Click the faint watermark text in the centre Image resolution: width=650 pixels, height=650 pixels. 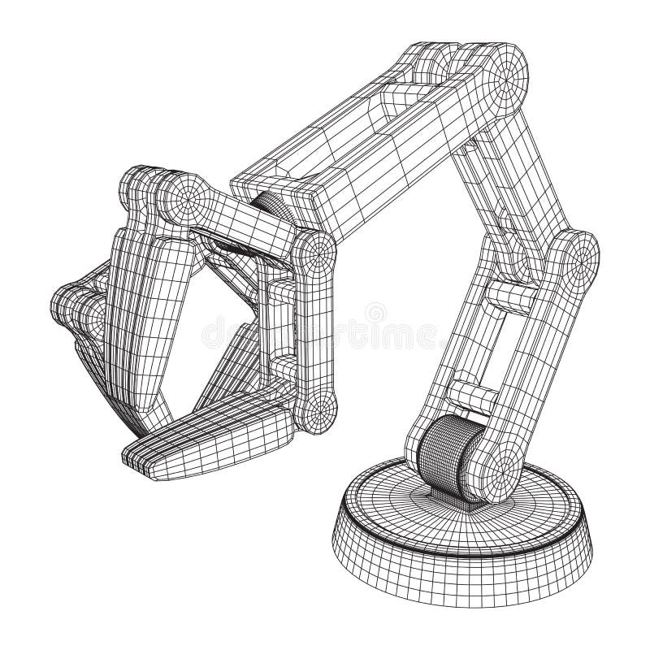click(x=325, y=325)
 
